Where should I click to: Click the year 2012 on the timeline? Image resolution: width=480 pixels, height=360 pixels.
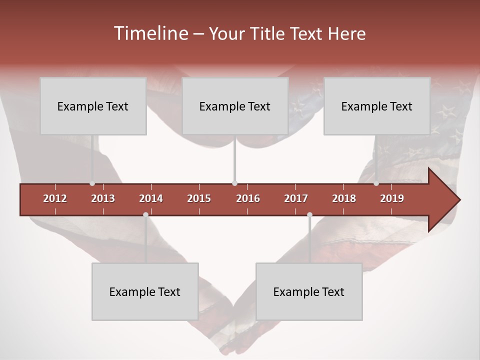tap(55, 198)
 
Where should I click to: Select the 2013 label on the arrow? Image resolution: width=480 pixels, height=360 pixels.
tap(103, 198)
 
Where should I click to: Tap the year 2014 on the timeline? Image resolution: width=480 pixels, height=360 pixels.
tap(151, 198)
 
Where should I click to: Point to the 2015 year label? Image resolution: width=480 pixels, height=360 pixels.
tap(199, 198)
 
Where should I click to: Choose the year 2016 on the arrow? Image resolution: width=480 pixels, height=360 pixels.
tap(248, 198)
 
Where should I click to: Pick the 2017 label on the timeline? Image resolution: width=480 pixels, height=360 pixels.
tap(296, 198)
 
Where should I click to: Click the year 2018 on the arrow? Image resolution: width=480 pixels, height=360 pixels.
tap(344, 198)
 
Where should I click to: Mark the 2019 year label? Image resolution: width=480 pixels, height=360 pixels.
tap(392, 198)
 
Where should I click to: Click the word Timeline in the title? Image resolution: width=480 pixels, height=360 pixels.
tap(150, 33)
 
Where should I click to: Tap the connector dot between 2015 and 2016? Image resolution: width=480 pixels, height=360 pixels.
tap(234, 183)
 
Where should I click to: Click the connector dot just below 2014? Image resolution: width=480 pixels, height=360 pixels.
tap(145, 214)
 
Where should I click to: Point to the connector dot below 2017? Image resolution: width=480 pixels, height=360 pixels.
tap(309, 214)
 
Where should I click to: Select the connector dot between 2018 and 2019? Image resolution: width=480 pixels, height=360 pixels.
tap(376, 183)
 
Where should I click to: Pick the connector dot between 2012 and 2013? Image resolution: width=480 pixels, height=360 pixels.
tap(92, 183)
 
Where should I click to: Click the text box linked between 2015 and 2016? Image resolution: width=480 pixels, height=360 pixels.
tap(235, 106)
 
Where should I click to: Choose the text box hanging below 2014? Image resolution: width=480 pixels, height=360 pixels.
tap(145, 291)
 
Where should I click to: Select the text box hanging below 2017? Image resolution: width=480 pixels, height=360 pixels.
tap(309, 291)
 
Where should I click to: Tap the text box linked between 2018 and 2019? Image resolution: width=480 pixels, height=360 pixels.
tap(377, 106)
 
